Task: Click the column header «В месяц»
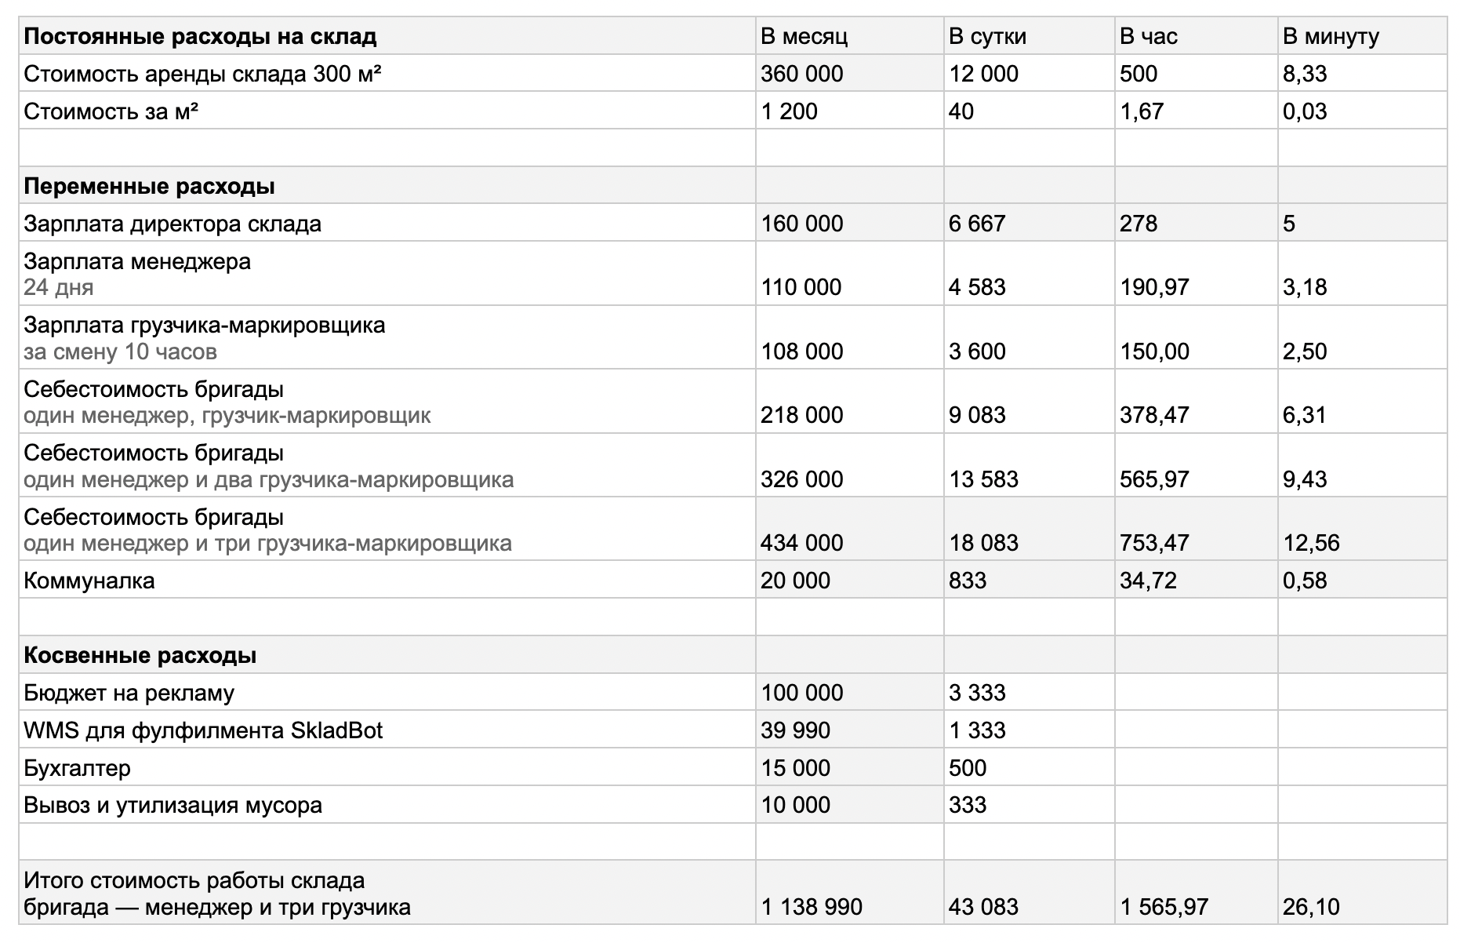click(804, 36)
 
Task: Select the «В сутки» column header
click(987, 36)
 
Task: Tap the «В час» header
click(1148, 36)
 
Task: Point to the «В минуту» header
click(1331, 36)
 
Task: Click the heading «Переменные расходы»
click(149, 186)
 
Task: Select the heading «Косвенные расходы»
click(140, 655)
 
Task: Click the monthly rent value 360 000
click(801, 74)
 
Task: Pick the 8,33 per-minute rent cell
click(1305, 74)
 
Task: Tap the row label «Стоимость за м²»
click(111, 111)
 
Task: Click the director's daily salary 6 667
click(976, 224)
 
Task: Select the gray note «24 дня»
click(58, 287)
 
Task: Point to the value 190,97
click(1154, 287)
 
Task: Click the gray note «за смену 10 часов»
click(120, 351)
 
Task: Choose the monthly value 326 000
click(801, 479)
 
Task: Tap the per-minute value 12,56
click(1311, 543)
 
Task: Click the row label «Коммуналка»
click(89, 581)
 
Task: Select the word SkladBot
click(336, 730)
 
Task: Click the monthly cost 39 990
click(795, 730)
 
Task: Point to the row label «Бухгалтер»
click(77, 768)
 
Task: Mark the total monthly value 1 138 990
click(812, 907)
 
